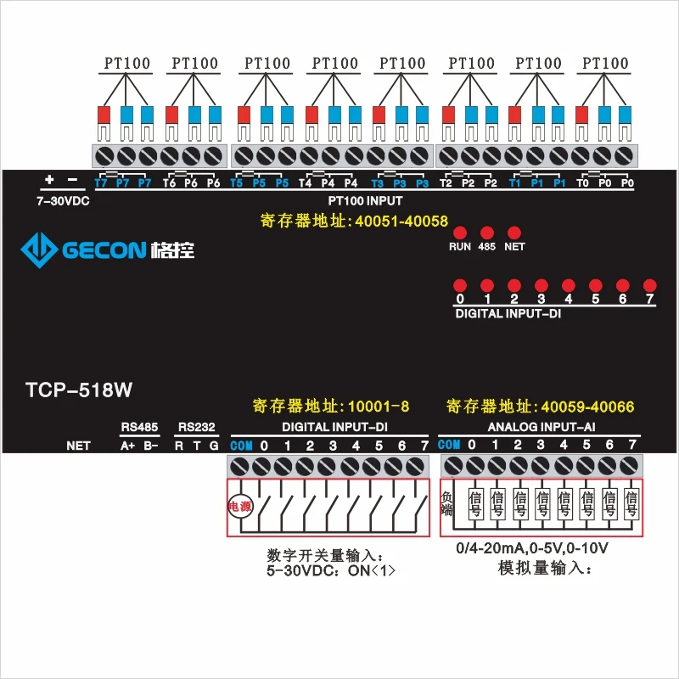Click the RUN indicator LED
click(x=460, y=232)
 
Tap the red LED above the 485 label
click(x=487, y=232)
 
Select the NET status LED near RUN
click(x=513, y=232)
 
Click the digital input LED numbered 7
click(x=650, y=285)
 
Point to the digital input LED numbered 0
click(x=460, y=285)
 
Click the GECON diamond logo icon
click(x=38, y=250)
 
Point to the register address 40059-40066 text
click(x=540, y=407)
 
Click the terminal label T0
click(x=582, y=182)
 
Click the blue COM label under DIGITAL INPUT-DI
click(x=241, y=446)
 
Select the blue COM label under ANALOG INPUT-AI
click(x=449, y=446)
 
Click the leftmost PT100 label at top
click(x=126, y=63)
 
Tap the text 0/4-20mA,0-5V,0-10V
click(x=532, y=549)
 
